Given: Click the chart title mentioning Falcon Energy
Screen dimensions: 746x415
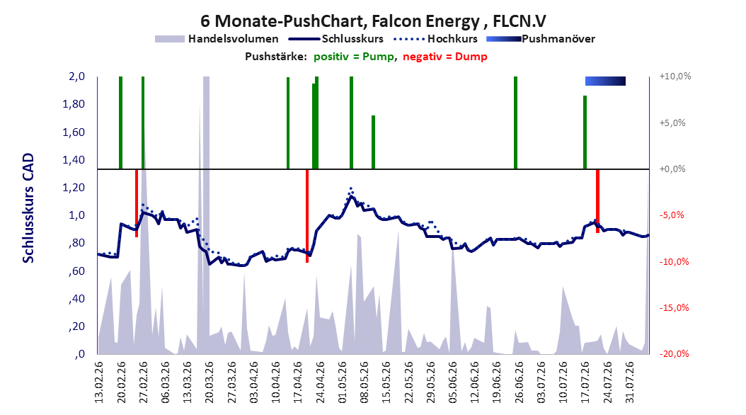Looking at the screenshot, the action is point(373,21).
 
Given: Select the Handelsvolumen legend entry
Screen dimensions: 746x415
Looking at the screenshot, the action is point(217,39).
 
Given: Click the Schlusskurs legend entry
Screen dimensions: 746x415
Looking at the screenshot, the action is point(336,39).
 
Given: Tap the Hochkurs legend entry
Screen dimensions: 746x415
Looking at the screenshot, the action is point(435,39).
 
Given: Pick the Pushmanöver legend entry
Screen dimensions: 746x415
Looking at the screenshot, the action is point(541,39).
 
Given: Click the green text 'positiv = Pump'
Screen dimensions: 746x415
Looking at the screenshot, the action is point(354,57).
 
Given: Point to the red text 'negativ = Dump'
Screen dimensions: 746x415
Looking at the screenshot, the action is point(445,57).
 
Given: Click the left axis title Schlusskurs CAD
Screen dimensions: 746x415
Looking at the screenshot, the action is point(28,208).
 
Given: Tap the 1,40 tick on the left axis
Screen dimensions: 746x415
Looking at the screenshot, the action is point(74,160).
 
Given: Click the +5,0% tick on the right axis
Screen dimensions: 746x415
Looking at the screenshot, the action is point(672,123).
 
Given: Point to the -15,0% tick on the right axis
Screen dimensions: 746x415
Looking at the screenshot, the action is point(674,308).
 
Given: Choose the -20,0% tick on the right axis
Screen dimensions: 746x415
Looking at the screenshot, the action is point(674,354).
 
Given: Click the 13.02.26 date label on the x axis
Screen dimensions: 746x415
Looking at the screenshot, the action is point(99,382).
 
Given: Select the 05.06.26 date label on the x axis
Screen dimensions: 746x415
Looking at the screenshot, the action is point(452,382).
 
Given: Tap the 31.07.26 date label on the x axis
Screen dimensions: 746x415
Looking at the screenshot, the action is point(629,382).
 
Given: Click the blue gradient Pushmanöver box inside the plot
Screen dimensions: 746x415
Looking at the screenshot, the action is point(605,81).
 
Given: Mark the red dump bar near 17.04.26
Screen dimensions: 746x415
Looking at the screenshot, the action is point(307,215).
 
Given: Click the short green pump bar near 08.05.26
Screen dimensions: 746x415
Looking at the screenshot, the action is point(374,142).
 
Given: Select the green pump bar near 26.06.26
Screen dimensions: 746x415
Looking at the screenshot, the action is point(515,123).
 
